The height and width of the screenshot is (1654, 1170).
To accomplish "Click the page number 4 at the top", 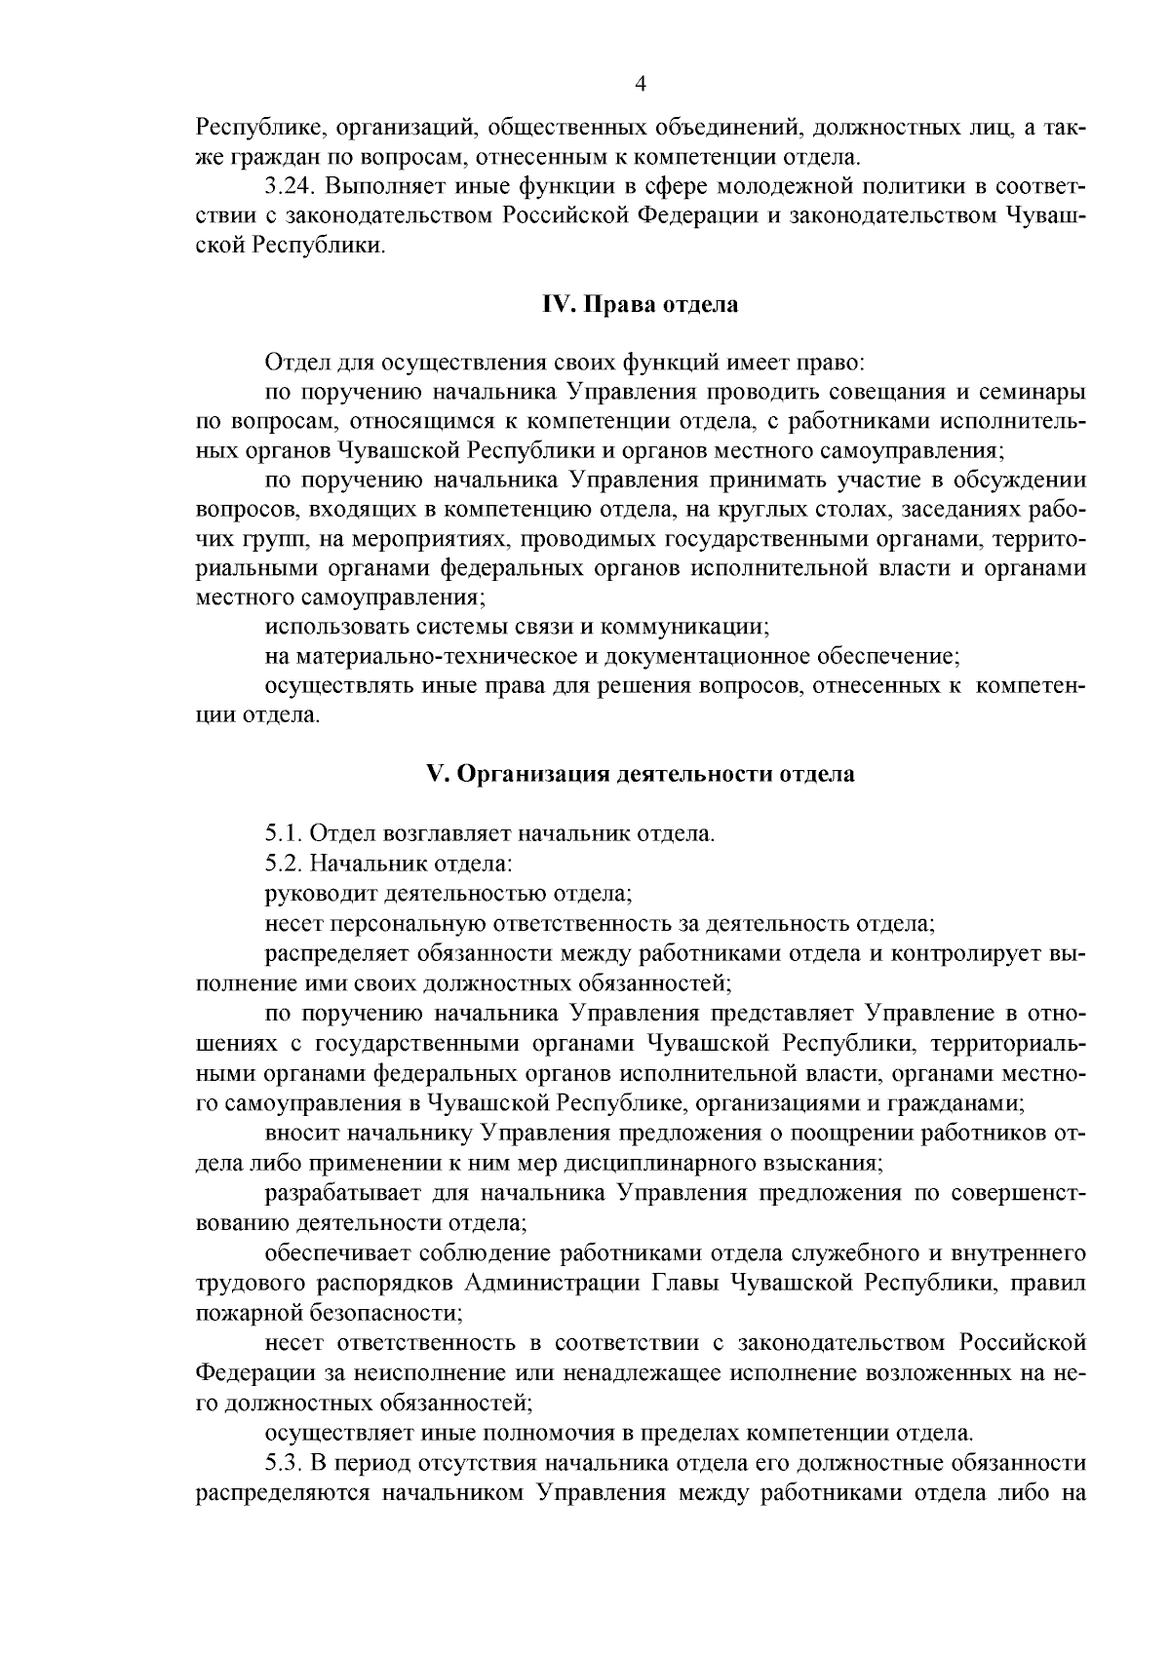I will coord(641,85).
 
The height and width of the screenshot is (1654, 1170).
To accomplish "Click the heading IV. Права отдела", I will coord(640,305).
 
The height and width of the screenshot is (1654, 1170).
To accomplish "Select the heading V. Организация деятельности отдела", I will coord(641,774).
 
